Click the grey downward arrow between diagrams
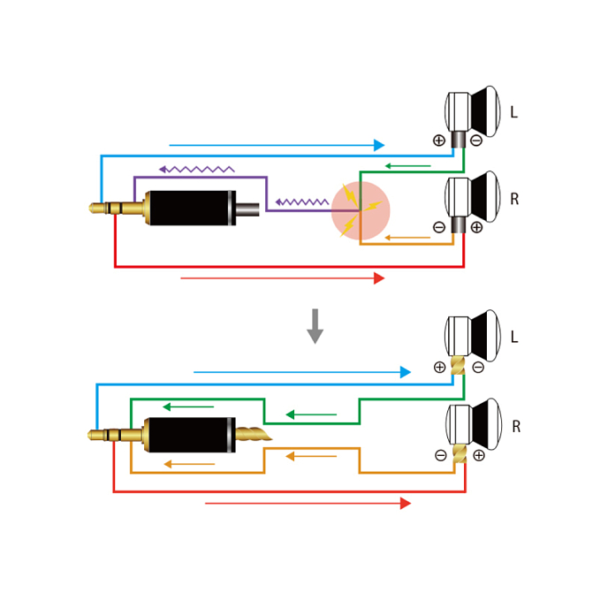coord(315,326)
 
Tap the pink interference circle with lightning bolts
coord(361,210)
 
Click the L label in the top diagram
coord(513,113)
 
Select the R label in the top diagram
coord(514,200)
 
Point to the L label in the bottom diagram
coord(513,338)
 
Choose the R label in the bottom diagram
coord(516,427)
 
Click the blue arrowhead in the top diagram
coord(379,145)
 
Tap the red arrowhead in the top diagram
coord(379,278)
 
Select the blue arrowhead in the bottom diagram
coord(406,372)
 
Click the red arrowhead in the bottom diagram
coord(406,504)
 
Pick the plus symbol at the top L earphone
coord(439,141)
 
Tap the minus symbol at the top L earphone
coord(476,141)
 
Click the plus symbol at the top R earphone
coord(477,227)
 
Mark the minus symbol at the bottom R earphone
coord(441,456)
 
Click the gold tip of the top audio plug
coord(96,209)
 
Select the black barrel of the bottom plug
coord(190,435)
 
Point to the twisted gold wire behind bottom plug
coord(253,434)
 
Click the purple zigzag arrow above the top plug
coord(196,169)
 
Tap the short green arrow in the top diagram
coord(407,166)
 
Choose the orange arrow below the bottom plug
coord(189,464)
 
